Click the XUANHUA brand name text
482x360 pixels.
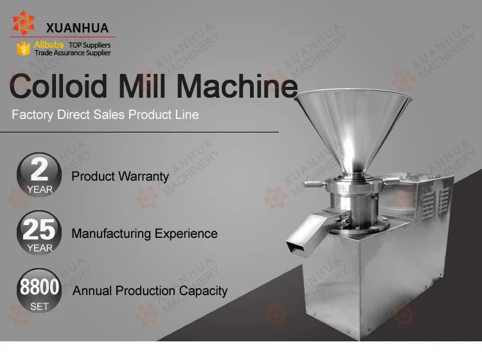(x=78, y=28)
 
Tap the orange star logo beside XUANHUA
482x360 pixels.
(x=23, y=22)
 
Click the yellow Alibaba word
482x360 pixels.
(x=49, y=44)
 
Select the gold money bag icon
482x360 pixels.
(x=23, y=49)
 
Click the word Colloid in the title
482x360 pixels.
(x=58, y=85)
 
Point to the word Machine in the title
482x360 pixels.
(x=237, y=85)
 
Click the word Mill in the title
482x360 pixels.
(x=142, y=85)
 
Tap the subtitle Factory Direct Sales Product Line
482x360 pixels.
(x=105, y=114)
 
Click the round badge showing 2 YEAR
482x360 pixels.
(x=39, y=175)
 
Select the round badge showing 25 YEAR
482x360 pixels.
(x=39, y=233)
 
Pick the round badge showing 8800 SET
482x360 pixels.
(x=39, y=291)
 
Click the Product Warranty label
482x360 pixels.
(x=120, y=177)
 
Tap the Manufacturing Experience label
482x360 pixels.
(x=145, y=233)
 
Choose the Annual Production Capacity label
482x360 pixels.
(x=150, y=291)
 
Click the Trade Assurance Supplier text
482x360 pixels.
(x=73, y=53)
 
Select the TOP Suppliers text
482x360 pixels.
(x=89, y=45)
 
